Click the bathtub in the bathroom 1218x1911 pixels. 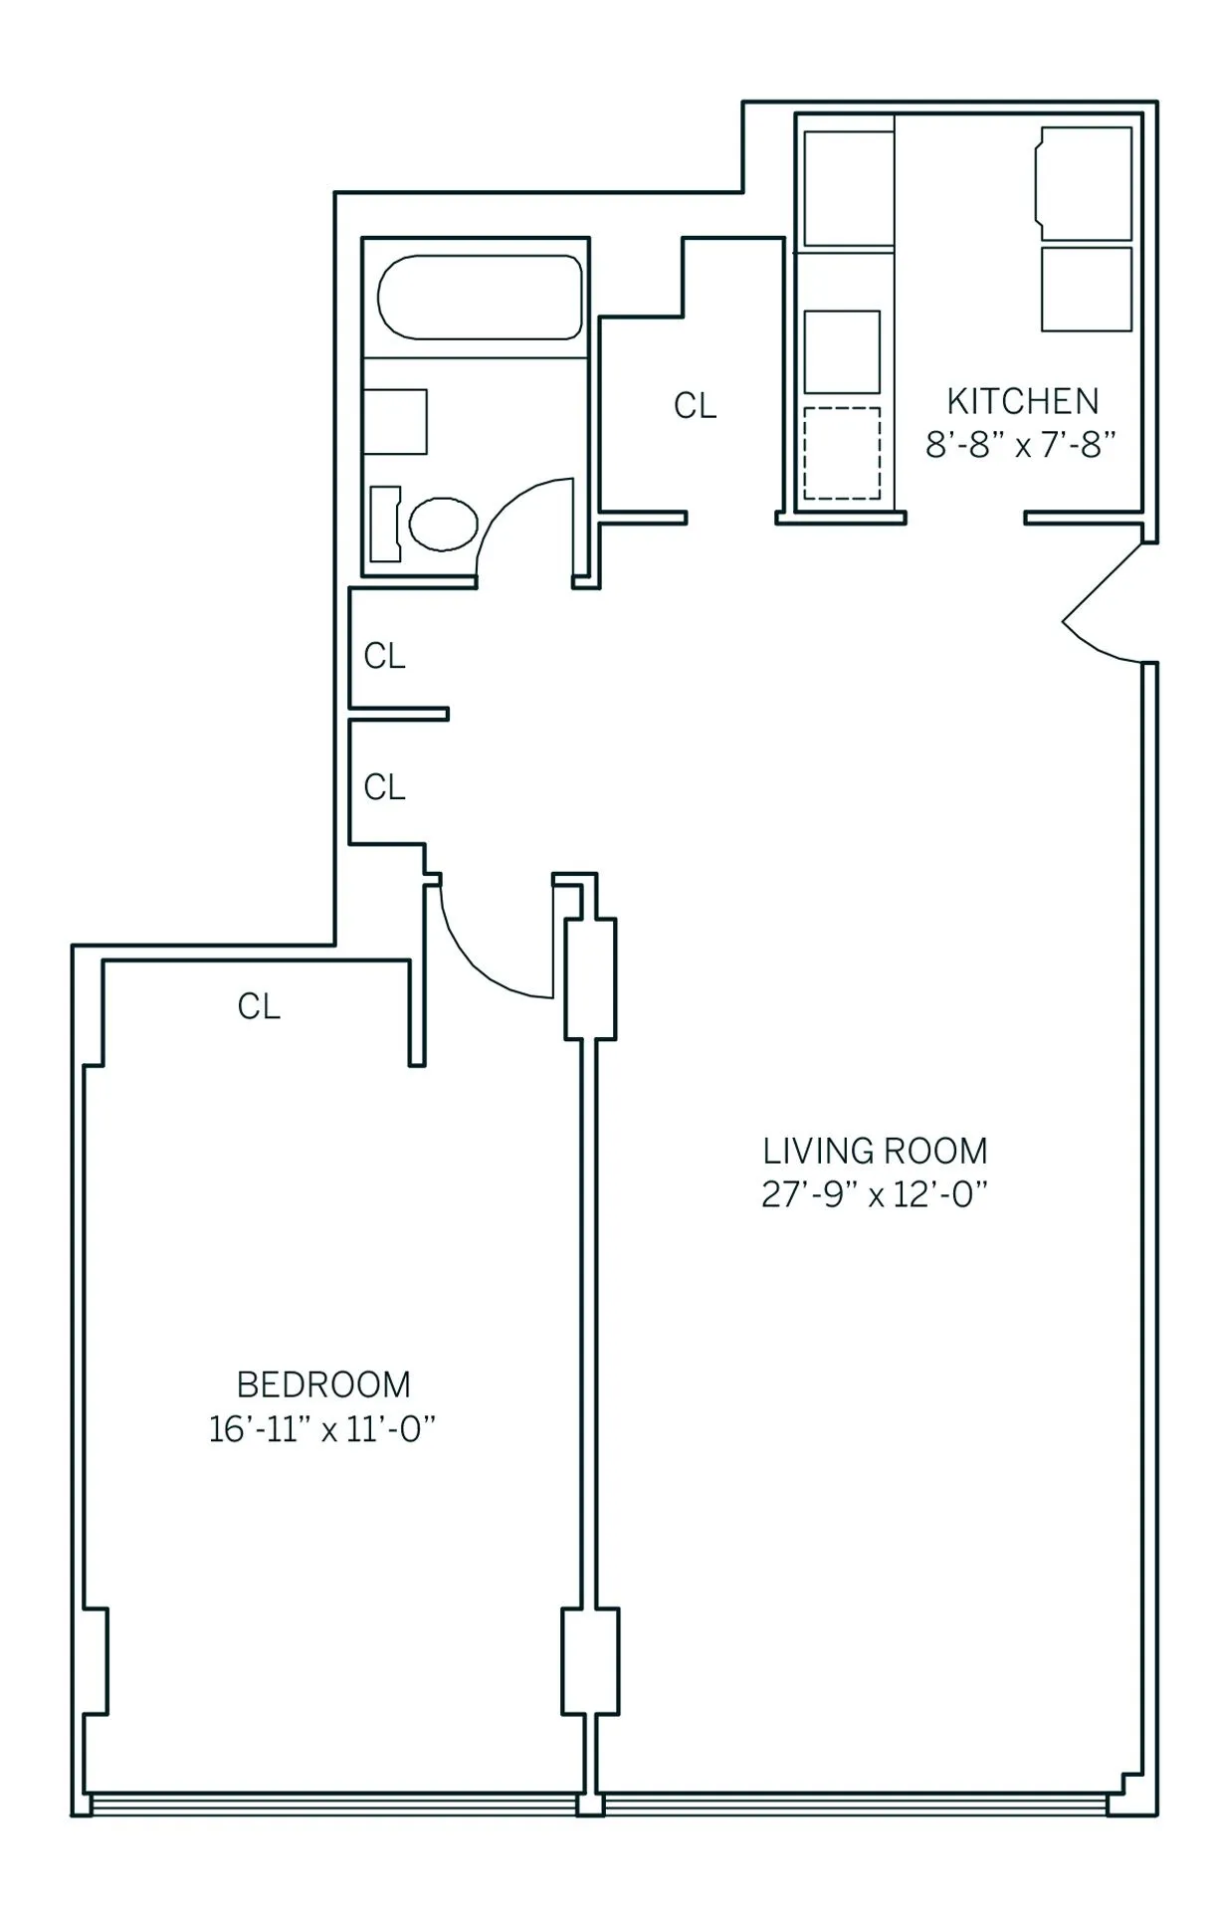(x=479, y=298)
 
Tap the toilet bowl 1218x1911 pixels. (x=444, y=524)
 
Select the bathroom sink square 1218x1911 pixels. (x=395, y=422)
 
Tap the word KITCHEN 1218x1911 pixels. (x=1022, y=401)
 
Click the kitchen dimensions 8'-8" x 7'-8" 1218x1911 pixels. (x=1022, y=444)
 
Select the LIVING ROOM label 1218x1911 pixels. (x=875, y=1152)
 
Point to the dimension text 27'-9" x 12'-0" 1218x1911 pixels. (x=875, y=1194)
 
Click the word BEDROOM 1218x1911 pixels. (x=323, y=1384)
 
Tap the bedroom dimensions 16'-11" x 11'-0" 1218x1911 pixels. (x=323, y=1429)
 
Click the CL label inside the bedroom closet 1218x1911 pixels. (x=259, y=1006)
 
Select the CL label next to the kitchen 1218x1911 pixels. (x=695, y=405)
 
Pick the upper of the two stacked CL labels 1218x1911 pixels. (x=385, y=656)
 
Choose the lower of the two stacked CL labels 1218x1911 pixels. (x=385, y=787)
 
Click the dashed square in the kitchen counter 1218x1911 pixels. (x=842, y=453)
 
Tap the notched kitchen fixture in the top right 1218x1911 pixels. (x=1085, y=183)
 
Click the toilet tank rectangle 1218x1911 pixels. (x=384, y=524)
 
